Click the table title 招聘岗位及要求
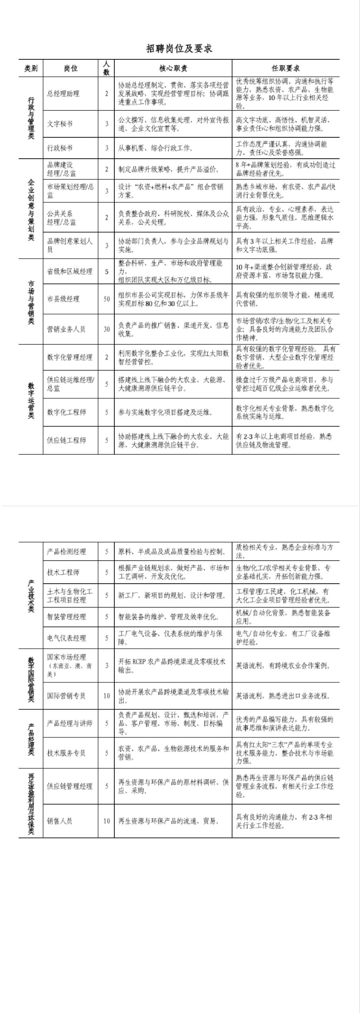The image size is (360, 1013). tap(179, 49)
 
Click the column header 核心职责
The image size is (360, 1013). tap(173, 68)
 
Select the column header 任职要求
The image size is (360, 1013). tap(285, 68)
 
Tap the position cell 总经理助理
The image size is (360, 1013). tap(63, 94)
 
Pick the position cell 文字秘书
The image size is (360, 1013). tap(60, 124)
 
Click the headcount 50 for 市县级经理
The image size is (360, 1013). tap(106, 299)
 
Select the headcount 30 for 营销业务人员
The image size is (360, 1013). tap(106, 329)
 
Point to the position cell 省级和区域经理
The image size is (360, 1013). tap(70, 271)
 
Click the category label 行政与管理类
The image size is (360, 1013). tap(31, 118)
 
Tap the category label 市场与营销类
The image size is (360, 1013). tap(31, 302)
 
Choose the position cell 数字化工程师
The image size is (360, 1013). tap(66, 412)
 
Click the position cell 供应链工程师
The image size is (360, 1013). tap(66, 440)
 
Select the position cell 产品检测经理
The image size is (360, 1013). tap(66, 552)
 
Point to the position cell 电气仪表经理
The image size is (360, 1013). tap(66, 638)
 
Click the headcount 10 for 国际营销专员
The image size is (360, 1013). tap(106, 696)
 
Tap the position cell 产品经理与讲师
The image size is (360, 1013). tap(70, 723)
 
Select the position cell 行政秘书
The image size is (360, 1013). tap(60, 148)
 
